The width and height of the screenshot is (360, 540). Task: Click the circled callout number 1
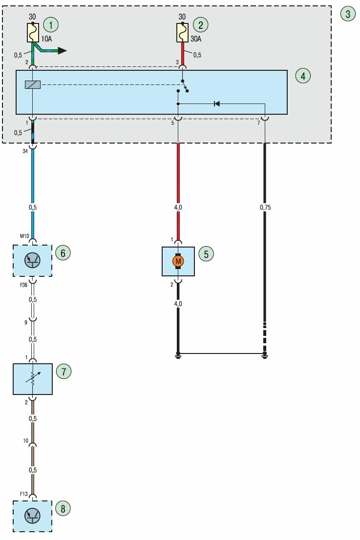(x=50, y=24)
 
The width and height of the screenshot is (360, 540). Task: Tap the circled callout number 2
(x=200, y=24)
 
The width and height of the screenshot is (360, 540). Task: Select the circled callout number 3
(x=348, y=14)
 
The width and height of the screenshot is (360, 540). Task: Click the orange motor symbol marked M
(x=178, y=262)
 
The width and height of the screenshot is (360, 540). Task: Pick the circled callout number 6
(x=63, y=253)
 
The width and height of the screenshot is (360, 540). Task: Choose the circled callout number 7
(x=63, y=372)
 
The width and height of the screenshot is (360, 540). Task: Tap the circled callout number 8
(x=63, y=509)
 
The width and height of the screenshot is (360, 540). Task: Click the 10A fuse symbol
(x=32, y=33)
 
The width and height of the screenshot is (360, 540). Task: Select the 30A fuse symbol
(x=182, y=33)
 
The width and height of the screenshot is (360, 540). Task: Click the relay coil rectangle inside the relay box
(x=32, y=84)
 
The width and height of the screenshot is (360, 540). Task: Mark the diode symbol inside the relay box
(x=216, y=104)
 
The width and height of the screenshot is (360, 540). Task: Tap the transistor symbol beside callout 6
(x=32, y=261)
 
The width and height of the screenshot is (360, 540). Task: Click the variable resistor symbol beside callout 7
(x=32, y=379)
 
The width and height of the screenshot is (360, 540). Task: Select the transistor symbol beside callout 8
(x=32, y=516)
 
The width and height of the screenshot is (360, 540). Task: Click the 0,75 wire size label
(x=265, y=208)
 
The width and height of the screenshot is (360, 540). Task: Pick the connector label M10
(x=24, y=237)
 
